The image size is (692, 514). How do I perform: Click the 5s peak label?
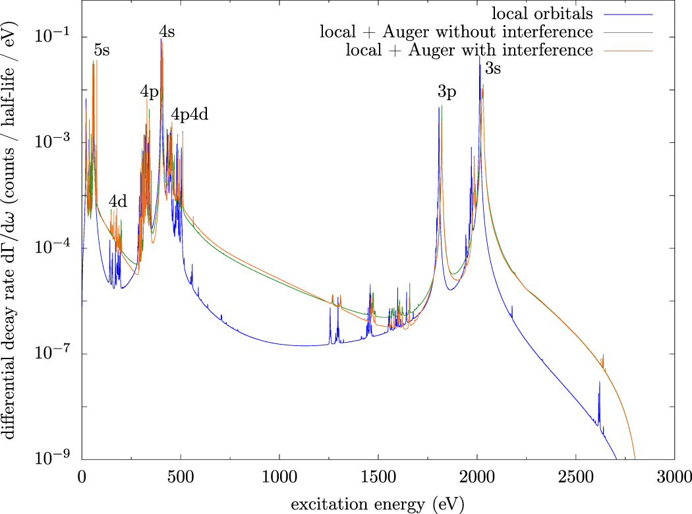(x=101, y=51)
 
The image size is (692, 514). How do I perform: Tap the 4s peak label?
(x=167, y=31)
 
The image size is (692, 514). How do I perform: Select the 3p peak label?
(x=447, y=92)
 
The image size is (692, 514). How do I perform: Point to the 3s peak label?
(x=493, y=67)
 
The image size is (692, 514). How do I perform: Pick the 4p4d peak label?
(x=190, y=114)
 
